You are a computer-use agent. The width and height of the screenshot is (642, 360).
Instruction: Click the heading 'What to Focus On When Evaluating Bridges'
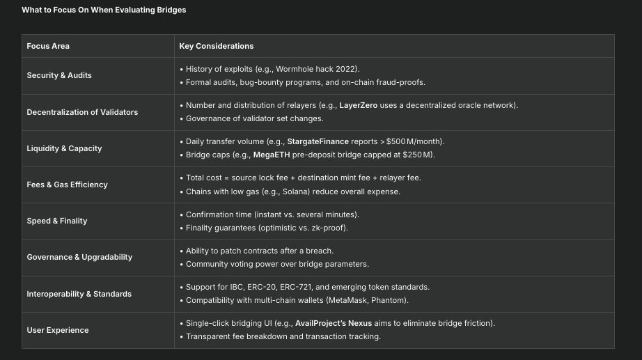(104, 10)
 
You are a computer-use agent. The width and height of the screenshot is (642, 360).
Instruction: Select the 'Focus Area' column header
(48, 46)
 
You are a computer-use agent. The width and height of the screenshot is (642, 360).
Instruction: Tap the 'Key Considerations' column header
(216, 46)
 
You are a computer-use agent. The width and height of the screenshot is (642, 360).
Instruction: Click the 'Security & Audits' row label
(59, 75)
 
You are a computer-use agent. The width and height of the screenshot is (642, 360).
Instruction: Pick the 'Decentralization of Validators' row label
(82, 112)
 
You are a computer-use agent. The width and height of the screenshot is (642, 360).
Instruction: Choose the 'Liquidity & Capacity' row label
(65, 148)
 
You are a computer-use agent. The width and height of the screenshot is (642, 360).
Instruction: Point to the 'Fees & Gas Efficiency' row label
(67, 185)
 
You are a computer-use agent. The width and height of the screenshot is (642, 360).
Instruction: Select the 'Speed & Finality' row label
(57, 221)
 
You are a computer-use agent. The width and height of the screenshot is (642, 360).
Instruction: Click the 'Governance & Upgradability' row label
(79, 257)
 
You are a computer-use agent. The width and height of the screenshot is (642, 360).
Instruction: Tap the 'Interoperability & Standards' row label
(79, 294)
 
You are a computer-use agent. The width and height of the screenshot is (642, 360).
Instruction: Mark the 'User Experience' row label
(58, 330)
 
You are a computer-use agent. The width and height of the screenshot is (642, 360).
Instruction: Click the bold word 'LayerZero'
(359, 105)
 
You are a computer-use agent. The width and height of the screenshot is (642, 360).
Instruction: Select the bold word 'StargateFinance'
(318, 141)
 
